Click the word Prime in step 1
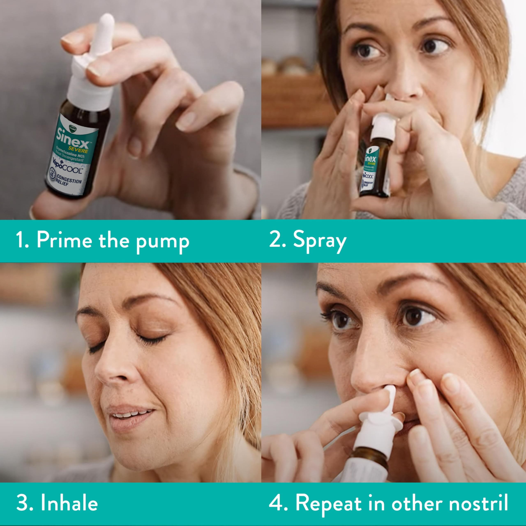[65, 240]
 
